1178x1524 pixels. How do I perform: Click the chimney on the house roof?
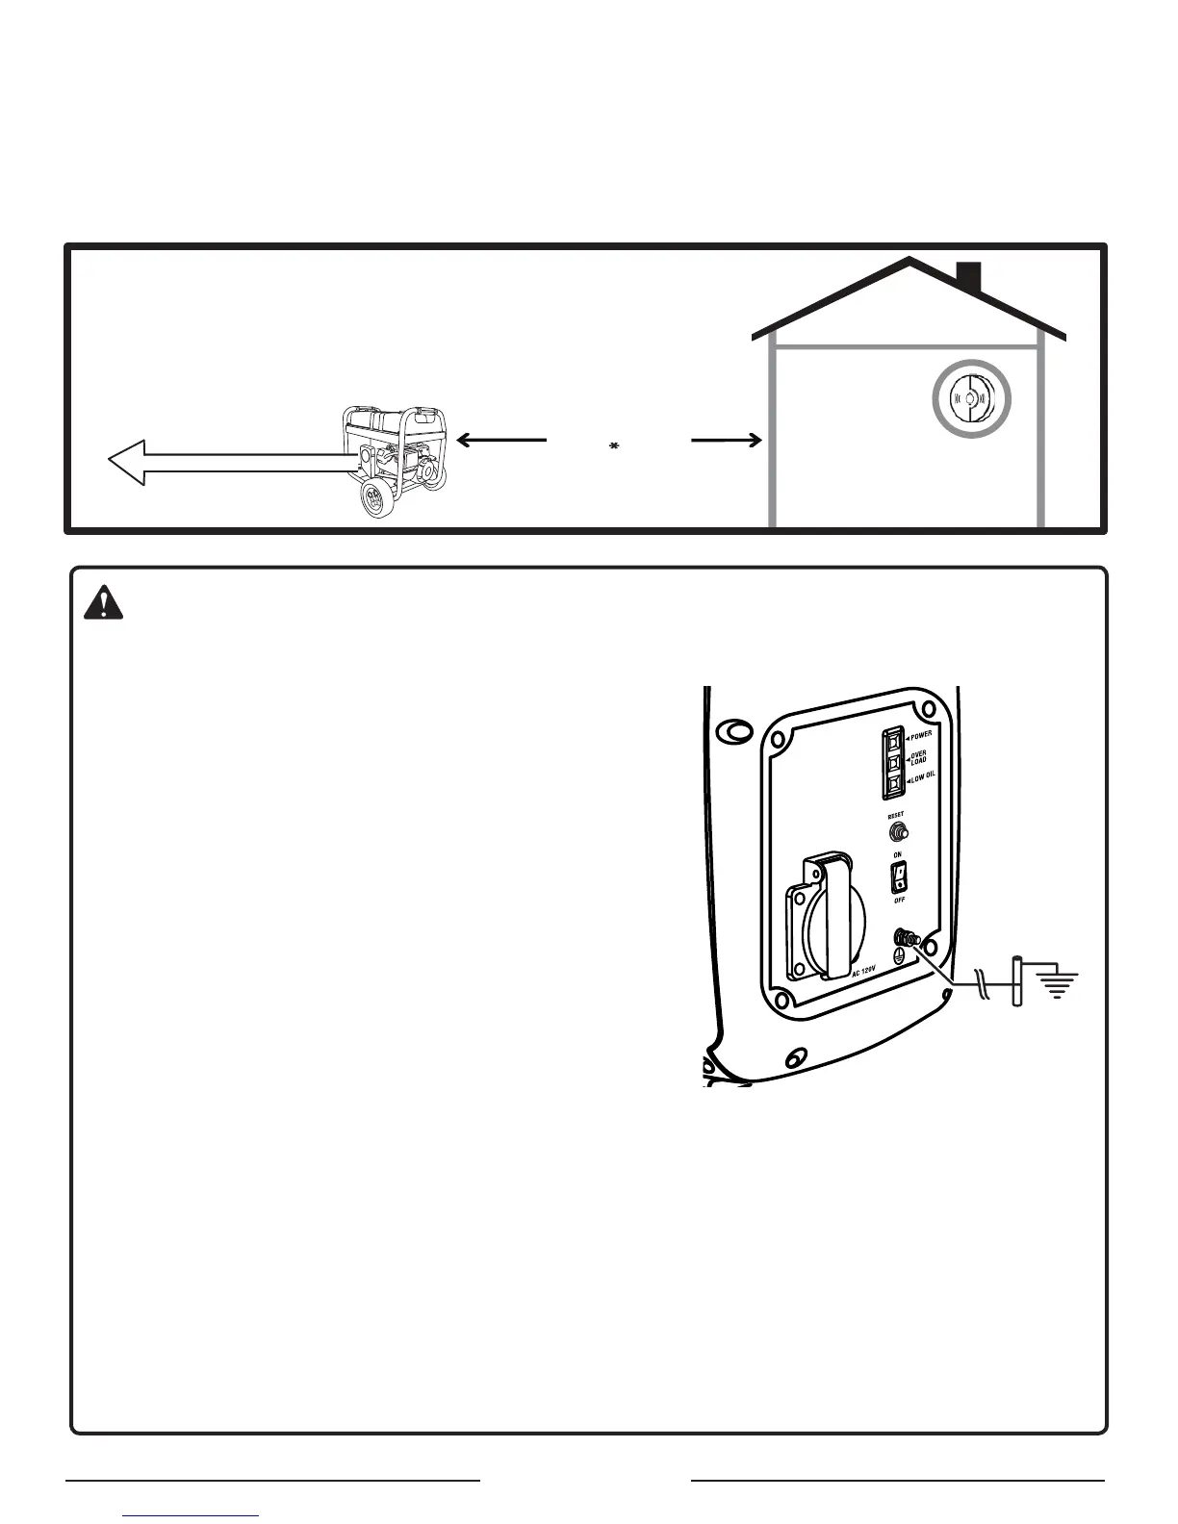(968, 277)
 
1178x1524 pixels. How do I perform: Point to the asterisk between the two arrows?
(613, 446)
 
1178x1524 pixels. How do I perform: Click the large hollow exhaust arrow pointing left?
(231, 463)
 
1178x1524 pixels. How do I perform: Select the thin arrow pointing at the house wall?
(727, 441)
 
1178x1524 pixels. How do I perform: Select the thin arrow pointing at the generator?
(500, 440)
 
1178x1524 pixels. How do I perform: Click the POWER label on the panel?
(920, 735)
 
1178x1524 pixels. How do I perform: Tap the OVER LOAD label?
(919, 758)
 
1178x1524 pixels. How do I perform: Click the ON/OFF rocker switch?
(898, 875)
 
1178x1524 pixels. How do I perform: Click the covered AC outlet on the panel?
(819, 916)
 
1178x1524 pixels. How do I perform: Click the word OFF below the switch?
(899, 900)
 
